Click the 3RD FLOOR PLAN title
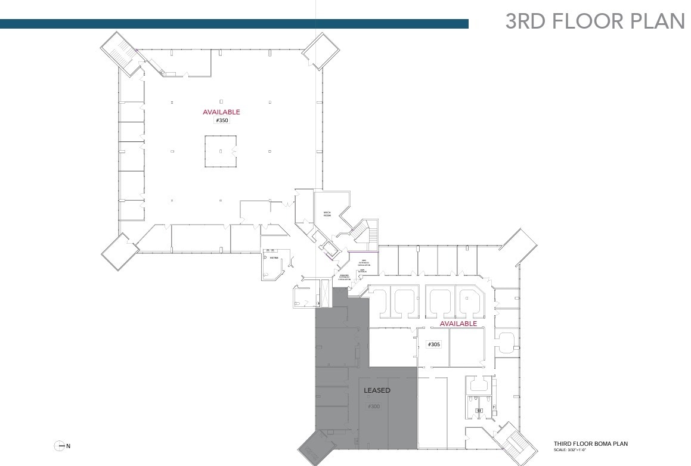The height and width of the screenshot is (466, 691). [x=594, y=20]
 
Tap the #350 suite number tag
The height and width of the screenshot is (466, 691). [x=221, y=120]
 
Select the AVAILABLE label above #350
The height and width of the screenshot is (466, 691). [x=221, y=112]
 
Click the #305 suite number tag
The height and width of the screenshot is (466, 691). [x=433, y=344]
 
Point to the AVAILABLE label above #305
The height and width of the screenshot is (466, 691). [x=458, y=324]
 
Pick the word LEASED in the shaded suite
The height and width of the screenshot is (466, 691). [x=377, y=390]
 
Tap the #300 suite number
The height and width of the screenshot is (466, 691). [x=374, y=406]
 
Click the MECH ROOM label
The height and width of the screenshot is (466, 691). [x=327, y=214]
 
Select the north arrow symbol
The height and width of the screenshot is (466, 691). [x=60, y=446]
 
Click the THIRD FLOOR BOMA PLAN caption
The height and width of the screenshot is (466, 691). [x=590, y=444]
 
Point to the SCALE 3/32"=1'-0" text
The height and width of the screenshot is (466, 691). [x=575, y=450]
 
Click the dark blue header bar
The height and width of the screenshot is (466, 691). [x=234, y=24]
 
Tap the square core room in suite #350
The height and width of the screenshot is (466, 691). [x=221, y=151]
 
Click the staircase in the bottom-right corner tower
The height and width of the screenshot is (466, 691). [x=513, y=445]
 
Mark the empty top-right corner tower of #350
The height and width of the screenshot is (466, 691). [x=321, y=51]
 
